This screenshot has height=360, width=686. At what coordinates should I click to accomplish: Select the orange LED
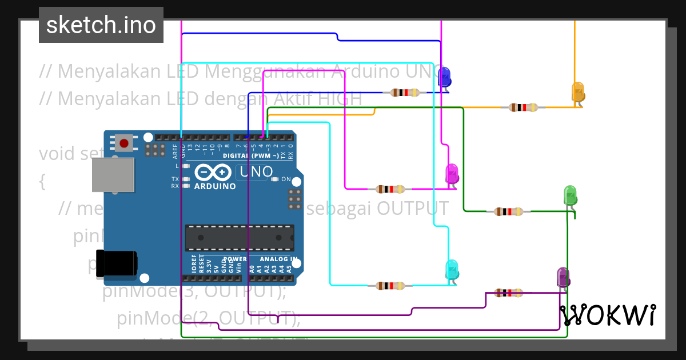click(578, 92)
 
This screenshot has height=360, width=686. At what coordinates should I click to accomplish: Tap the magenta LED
click(452, 173)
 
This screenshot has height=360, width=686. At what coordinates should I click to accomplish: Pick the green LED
click(570, 195)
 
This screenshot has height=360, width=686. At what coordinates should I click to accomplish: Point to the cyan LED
click(452, 269)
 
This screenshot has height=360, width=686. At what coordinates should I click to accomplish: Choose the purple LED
click(563, 278)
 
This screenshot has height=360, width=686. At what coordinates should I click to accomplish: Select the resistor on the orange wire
click(523, 107)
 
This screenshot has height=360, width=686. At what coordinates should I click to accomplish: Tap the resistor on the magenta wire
click(391, 189)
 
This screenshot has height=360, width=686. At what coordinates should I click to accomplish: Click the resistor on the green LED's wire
click(508, 212)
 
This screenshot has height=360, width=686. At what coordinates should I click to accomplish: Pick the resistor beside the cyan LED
click(391, 286)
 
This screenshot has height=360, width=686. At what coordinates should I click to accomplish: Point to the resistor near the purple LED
click(508, 293)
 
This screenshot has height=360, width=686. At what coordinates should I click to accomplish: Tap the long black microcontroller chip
click(240, 238)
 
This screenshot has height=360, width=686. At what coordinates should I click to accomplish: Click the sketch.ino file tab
click(101, 25)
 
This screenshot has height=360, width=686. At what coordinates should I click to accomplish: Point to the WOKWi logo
click(608, 315)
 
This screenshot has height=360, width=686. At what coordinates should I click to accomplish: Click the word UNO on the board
click(255, 171)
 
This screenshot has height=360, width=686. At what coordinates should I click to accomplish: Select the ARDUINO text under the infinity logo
click(215, 186)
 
